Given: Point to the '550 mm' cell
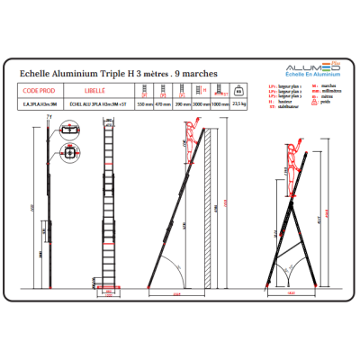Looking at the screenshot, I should pos(144,104).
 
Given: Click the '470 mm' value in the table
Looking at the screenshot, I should pos(164,104).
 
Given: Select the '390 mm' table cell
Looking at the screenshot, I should pos(184,104).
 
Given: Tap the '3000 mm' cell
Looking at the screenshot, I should pos(202,104).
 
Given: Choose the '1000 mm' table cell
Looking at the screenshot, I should pos(220,104).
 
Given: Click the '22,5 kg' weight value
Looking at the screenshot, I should pos(238,104).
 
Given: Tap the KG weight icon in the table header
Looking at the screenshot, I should pos(238,91).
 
